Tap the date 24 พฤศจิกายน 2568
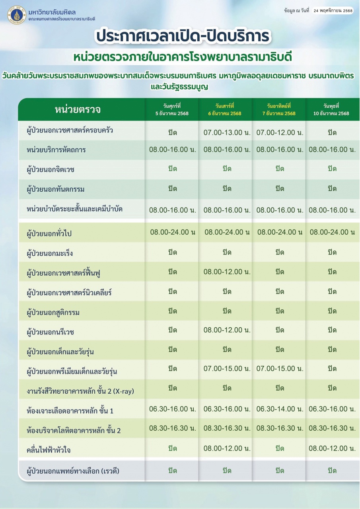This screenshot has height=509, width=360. [333, 11]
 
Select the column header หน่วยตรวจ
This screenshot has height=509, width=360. [78, 110]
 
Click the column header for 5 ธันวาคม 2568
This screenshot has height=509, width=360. [172, 109]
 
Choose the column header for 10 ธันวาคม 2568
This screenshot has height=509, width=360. [332, 109]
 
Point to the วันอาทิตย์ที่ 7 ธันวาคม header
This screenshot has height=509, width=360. [279, 109]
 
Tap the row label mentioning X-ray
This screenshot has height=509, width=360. [80, 391]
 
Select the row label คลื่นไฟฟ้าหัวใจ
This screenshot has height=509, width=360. [49, 450]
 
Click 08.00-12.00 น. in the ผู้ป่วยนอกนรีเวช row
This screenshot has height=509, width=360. [227, 330]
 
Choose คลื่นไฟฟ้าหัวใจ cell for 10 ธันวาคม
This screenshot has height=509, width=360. [332, 448]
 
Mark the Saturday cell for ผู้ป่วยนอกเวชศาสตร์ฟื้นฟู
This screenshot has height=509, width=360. [227, 272]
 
